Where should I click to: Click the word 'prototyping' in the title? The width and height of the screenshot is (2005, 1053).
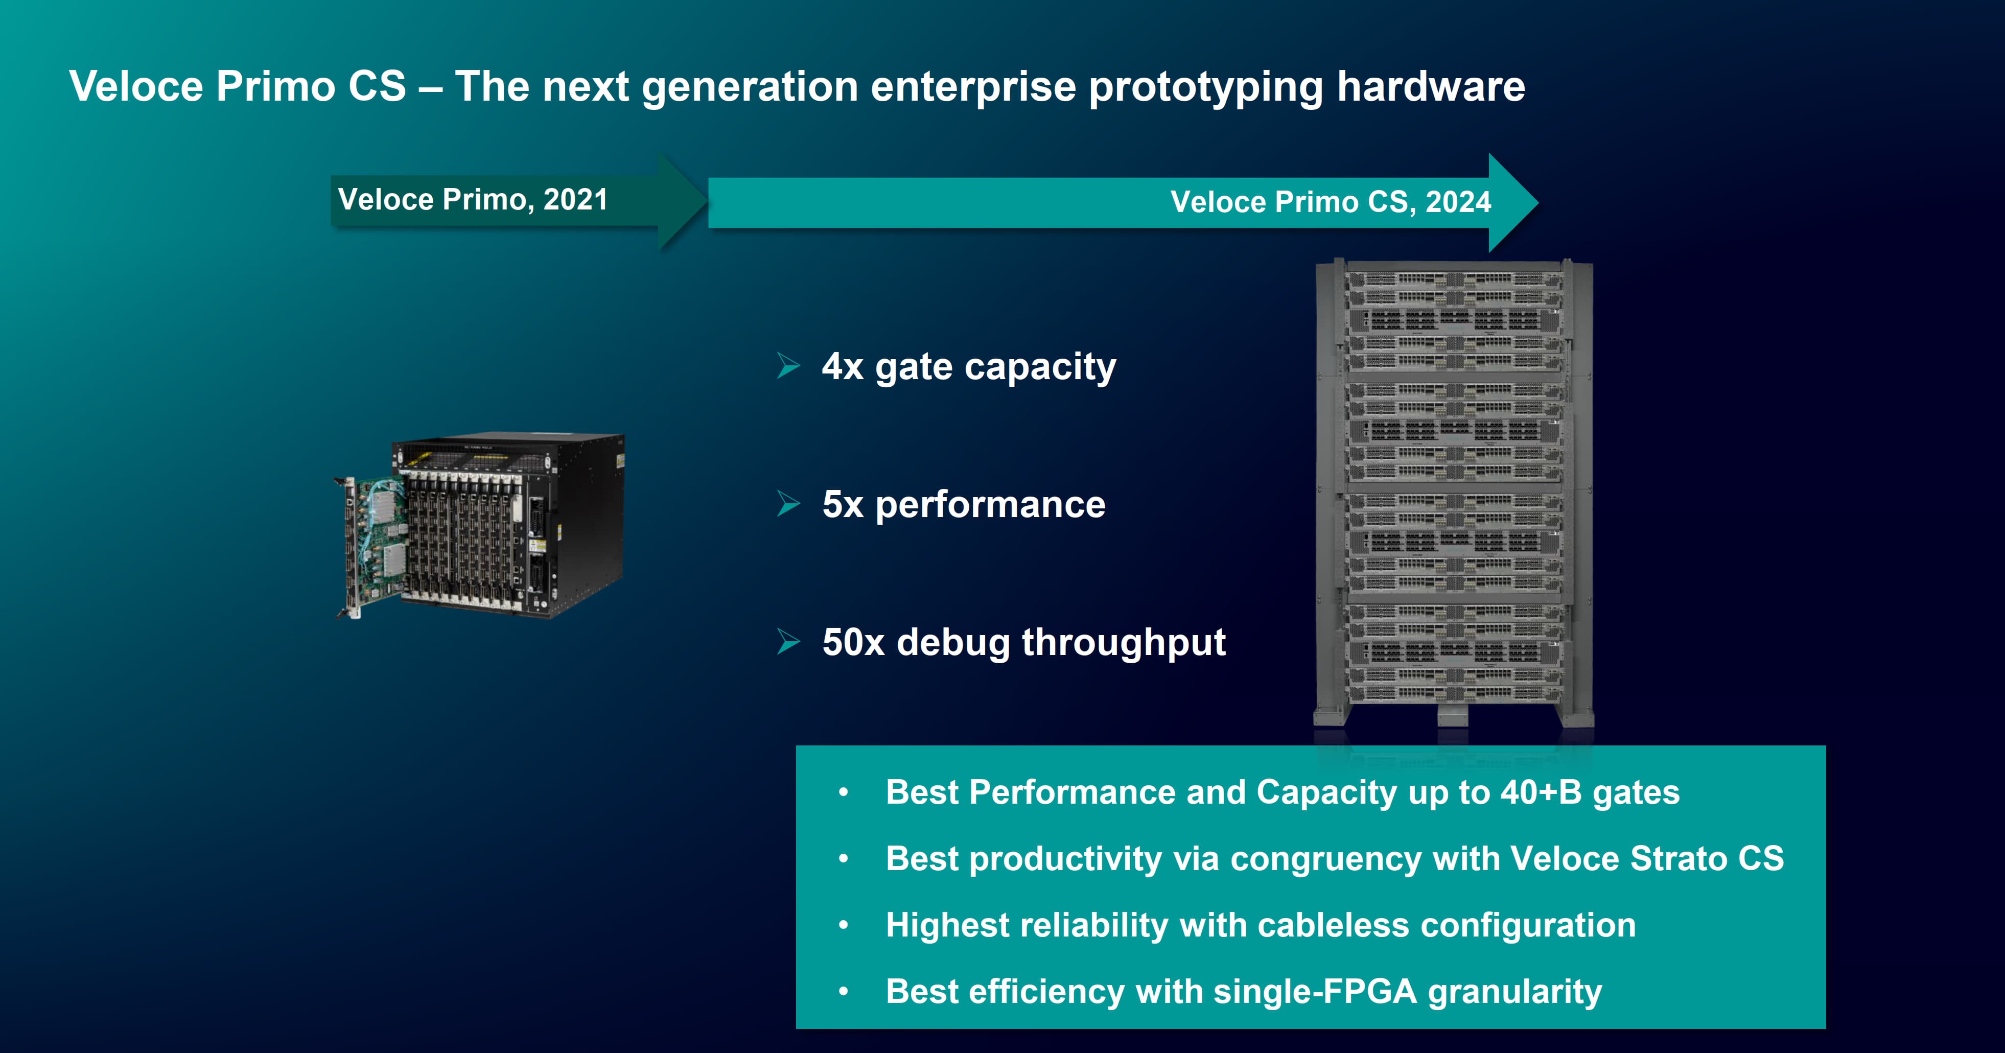[x=1206, y=87]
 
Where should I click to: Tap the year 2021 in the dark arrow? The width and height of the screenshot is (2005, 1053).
[x=575, y=200]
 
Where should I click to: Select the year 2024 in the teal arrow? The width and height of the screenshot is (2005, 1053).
[x=1458, y=202]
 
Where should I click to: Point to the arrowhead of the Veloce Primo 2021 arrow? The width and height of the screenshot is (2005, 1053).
[x=683, y=201]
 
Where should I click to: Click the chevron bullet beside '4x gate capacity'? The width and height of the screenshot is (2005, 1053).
[x=788, y=366]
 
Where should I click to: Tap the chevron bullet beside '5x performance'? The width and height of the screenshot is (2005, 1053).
[x=788, y=504]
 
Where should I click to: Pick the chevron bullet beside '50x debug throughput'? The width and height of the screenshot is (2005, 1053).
[x=788, y=642]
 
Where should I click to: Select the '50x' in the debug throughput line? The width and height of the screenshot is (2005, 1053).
[x=853, y=643]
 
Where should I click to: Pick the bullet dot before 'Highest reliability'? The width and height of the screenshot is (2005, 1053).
[x=844, y=925]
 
